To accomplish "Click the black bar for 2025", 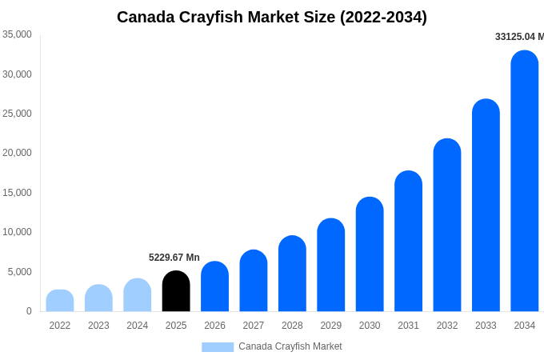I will [176, 292].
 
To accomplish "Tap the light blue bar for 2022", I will [60, 301].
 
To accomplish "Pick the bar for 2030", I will [370, 254].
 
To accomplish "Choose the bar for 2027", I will [254, 281].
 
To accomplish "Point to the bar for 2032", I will [447, 226].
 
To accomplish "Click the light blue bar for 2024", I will [138, 295].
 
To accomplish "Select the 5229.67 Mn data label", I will [174, 258].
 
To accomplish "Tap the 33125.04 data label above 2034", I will [519, 37].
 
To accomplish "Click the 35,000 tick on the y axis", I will [17, 34].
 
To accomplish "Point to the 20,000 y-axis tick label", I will [17, 153].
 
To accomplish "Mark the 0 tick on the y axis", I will [29, 311].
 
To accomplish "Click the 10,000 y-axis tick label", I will [17, 232].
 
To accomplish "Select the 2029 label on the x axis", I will [331, 326].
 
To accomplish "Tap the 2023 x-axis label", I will [98, 326].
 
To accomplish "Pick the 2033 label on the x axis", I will [486, 326].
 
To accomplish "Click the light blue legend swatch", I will [218, 347].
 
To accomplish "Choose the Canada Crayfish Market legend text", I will [290, 346].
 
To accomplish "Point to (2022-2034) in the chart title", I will [383, 17].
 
